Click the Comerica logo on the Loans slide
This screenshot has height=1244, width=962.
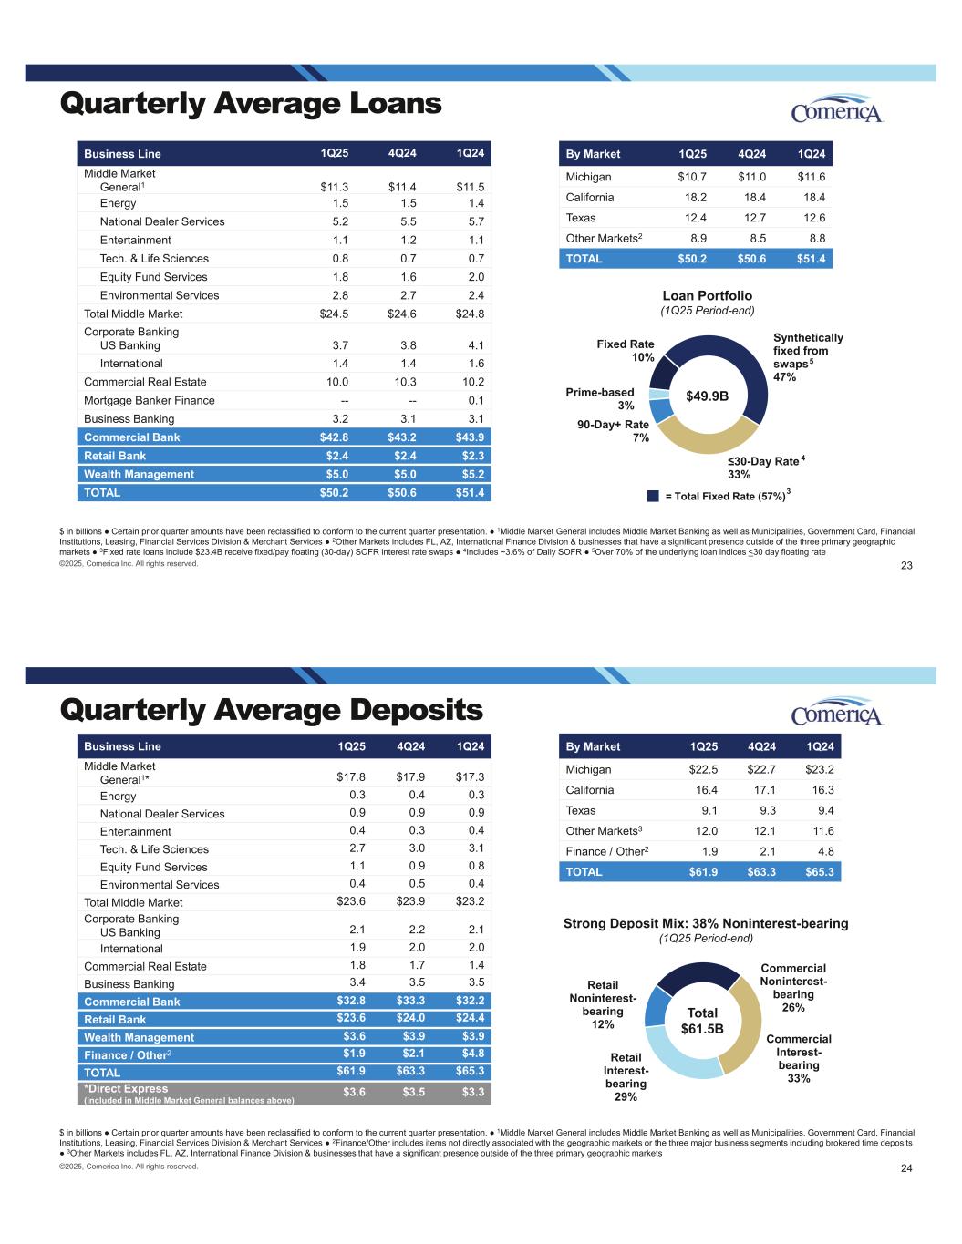click(x=837, y=108)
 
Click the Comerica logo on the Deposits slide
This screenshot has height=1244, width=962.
click(x=837, y=712)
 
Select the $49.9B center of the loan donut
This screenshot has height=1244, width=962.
click(x=708, y=396)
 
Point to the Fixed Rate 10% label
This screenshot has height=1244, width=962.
click(x=626, y=350)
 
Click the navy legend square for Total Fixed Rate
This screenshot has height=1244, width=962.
click(x=653, y=496)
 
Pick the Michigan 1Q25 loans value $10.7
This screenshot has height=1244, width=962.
click(x=692, y=177)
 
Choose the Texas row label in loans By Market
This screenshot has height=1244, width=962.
click(x=581, y=218)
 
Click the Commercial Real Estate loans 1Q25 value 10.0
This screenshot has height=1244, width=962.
click(x=337, y=382)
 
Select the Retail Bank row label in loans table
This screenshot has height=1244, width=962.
click(x=115, y=456)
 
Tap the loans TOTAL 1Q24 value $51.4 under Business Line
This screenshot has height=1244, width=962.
click(x=470, y=492)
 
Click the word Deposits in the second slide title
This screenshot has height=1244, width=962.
click(x=417, y=711)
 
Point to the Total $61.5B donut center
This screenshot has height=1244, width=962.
click(x=702, y=1021)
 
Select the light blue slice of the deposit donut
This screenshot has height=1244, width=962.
click(x=678, y=1058)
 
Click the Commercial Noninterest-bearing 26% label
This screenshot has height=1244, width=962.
click(x=793, y=988)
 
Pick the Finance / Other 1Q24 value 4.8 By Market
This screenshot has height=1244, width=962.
click(x=826, y=851)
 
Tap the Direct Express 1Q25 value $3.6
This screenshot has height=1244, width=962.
click(x=354, y=1092)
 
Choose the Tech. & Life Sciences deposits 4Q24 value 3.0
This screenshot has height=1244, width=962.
click(x=417, y=848)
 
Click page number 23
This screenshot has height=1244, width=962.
click(x=906, y=566)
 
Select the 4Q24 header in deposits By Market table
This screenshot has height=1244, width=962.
click(x=761, y=746)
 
